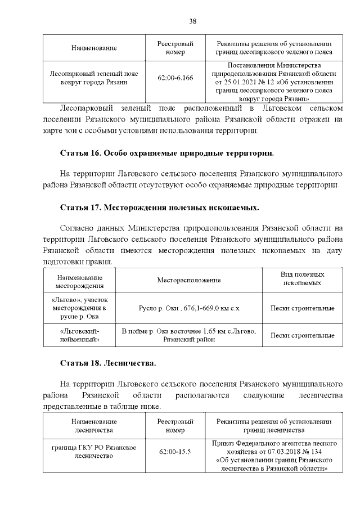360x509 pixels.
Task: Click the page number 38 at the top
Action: pos(192,21)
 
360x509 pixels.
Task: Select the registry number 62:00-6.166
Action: pos(175,78)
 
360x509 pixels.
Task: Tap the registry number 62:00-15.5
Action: pos(175,452)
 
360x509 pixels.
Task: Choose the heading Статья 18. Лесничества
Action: pos(108,363)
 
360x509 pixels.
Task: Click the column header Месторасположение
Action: pos(188,280)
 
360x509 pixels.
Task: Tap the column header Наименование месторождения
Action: pos(79,280)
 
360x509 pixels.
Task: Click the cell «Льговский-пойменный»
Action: pos(79,335)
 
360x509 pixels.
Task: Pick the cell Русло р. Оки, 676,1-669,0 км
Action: pos(188,308)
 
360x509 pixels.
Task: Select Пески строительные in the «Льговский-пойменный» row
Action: pos(302,335)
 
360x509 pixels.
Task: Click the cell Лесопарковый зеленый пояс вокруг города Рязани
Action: pos(94,78)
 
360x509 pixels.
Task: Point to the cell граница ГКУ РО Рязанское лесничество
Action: pos(94,452)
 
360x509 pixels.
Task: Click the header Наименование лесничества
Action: pos(94,425)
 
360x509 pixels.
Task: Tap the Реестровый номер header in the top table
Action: pos(175,48)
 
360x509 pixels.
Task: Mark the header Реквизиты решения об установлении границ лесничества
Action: pos(274,425)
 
